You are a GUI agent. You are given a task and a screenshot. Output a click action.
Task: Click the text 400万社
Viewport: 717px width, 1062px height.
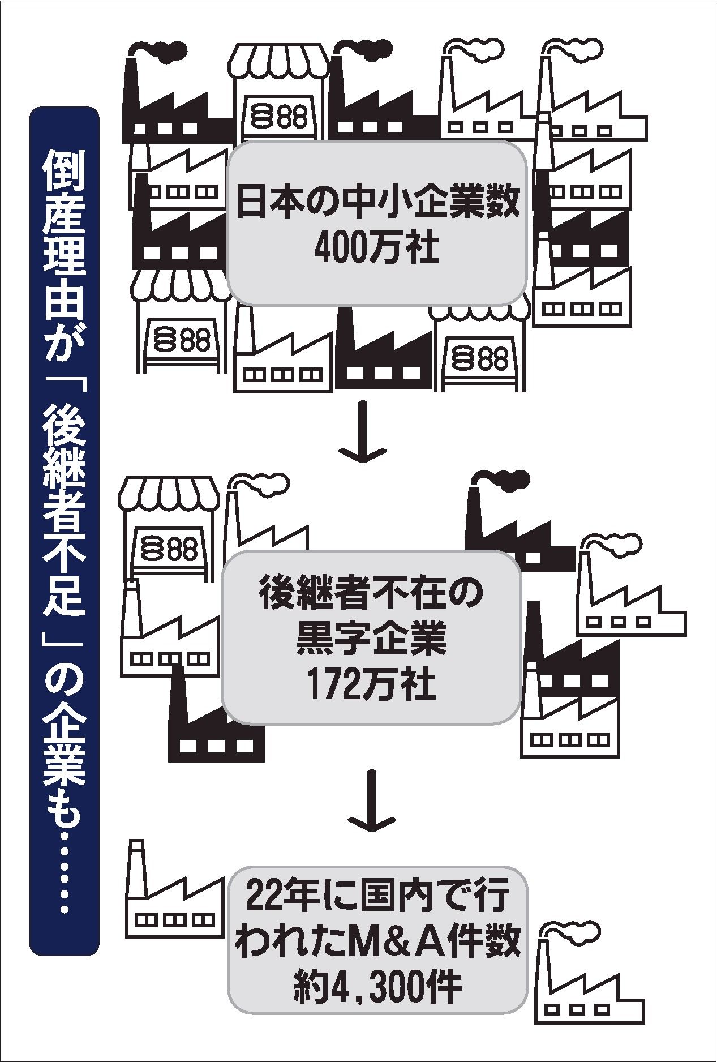376,247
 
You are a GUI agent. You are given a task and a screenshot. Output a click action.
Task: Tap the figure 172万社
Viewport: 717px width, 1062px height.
371,685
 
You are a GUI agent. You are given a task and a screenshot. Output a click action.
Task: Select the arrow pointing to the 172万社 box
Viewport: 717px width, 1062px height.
362,431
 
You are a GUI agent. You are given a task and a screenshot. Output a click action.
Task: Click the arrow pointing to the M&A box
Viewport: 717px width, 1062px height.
371,798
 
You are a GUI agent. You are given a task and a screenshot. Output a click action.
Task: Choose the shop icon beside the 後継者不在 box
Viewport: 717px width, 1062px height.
167,524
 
